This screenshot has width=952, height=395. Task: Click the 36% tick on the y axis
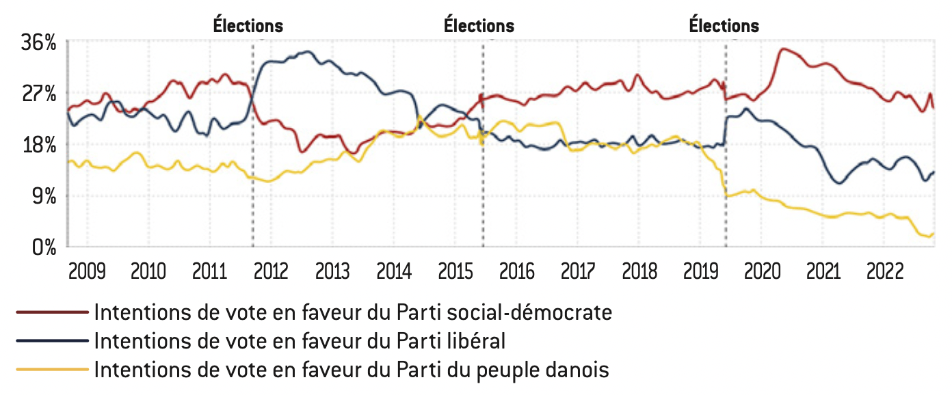(39, 42)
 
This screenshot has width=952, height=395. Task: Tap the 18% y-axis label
(39, 145)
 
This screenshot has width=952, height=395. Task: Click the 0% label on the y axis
(44, 247)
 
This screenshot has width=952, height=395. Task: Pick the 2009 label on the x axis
(87, 271)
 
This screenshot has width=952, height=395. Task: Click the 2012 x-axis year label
(271, 271)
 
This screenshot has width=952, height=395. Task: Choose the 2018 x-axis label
(639, 271)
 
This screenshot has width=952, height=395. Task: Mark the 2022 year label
(884, 271)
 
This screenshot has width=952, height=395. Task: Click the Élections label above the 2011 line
(248, 26)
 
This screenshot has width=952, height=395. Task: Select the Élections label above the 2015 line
(479, 26)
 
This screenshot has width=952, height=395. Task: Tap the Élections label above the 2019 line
(724, 26)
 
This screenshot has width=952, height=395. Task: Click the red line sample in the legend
(53, 312)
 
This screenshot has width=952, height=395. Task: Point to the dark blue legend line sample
(53, 340)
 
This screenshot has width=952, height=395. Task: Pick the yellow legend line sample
(53, 369)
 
